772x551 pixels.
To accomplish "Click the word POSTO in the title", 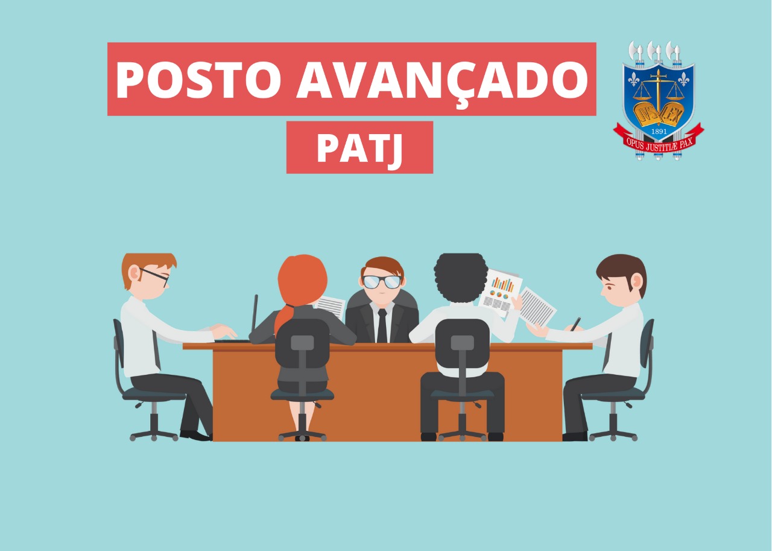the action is click(198, 80).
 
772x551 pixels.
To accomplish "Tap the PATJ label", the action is click(360, 148).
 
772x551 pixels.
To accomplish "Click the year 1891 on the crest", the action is click(659, 132).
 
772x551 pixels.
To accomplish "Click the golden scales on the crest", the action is click(659, 91).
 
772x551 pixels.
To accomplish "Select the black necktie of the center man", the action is click(382, 325).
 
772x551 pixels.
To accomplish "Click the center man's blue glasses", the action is click(382, 281).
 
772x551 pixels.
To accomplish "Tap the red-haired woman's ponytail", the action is click(284, 319).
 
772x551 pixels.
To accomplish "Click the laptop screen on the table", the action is click(255, 313).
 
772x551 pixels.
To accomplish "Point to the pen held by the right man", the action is click(575, 324).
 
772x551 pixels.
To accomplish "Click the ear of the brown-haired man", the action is click(636, 281).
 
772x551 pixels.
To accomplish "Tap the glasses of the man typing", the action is click(155, 275).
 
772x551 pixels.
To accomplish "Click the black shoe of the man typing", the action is click(195, 436).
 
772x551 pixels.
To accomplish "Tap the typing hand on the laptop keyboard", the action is click(224, 331).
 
